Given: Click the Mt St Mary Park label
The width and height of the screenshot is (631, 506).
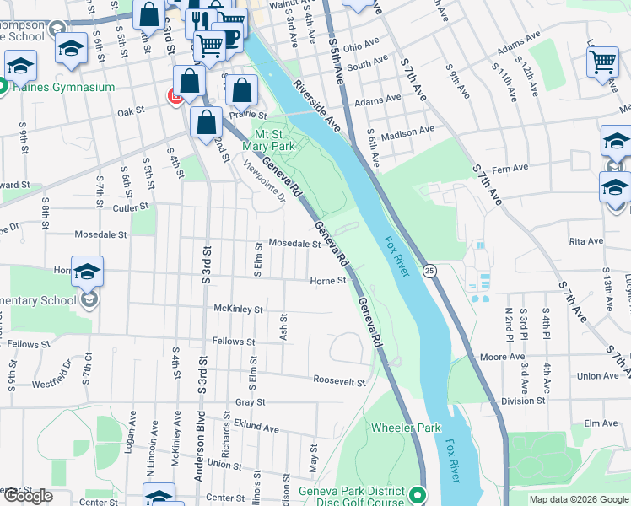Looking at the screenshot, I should [274, 139].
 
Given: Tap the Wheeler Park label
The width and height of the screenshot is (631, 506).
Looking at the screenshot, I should [406, 428].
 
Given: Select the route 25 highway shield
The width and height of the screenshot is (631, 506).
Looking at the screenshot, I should [429, 271].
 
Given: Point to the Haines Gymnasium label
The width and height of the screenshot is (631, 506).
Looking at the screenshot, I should [62, 87].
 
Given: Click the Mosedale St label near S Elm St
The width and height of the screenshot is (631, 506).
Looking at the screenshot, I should [294, 244].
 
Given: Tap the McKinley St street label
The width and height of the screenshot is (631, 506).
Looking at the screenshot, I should [238, 310].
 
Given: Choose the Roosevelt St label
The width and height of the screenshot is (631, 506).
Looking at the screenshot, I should [339, 381].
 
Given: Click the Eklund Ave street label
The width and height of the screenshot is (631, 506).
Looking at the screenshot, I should [256, 428].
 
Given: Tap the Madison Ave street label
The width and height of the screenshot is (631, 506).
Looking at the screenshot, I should [407, 132].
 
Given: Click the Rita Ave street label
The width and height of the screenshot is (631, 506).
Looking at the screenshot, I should [586, 241].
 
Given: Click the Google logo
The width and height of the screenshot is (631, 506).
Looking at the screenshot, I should [28, 496].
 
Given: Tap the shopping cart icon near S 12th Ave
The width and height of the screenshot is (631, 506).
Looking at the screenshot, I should [602, 61].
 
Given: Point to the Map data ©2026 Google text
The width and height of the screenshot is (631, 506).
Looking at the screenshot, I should [579, 499].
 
